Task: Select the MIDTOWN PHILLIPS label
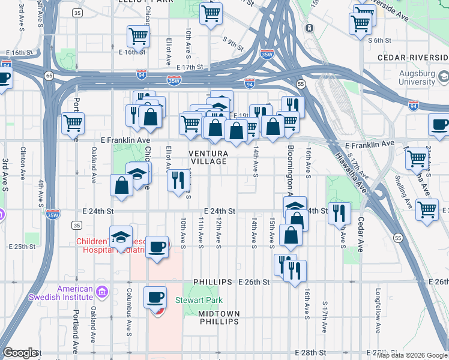click(219, 317)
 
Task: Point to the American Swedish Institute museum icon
click(101, 293)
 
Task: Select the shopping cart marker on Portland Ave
click(73, 124)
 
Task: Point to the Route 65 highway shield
click(48, 75)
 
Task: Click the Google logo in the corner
click(20, 353)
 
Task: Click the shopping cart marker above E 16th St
click(138, 36)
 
